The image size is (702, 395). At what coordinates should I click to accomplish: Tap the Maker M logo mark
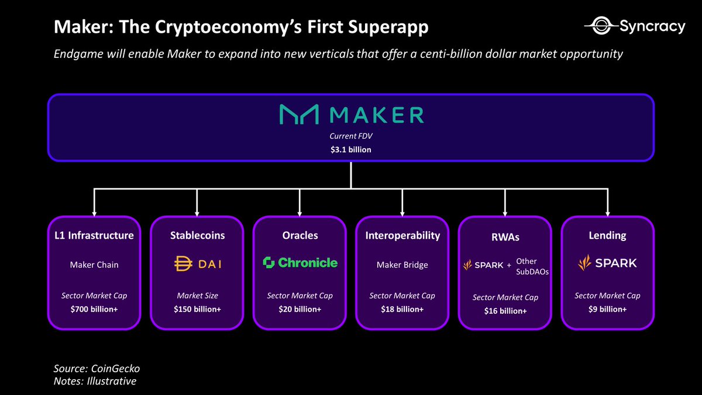pos(298,115)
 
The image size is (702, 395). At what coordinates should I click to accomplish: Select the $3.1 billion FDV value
pos(350,150)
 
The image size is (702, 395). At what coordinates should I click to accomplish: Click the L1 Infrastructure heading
pos(94,236)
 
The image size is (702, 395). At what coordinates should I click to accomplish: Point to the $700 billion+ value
pos(94,308)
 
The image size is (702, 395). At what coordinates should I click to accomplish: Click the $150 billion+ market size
pos(197,308)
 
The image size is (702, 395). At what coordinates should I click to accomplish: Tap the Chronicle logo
pos(300,263)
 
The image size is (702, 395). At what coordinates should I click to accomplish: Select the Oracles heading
pos(300,236)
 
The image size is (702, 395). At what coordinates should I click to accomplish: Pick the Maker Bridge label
pos(402,265)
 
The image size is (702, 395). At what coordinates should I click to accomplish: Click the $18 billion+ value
pos(402,308)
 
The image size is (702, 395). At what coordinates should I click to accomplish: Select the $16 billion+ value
pos(505,311)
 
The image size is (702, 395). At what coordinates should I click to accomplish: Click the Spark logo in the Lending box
pos(607,263)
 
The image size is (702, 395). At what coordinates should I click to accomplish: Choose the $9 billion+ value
pos(607,308)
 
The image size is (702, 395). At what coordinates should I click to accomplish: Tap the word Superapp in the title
pos(387,28)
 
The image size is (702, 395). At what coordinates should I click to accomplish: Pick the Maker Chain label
pos(94,265)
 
